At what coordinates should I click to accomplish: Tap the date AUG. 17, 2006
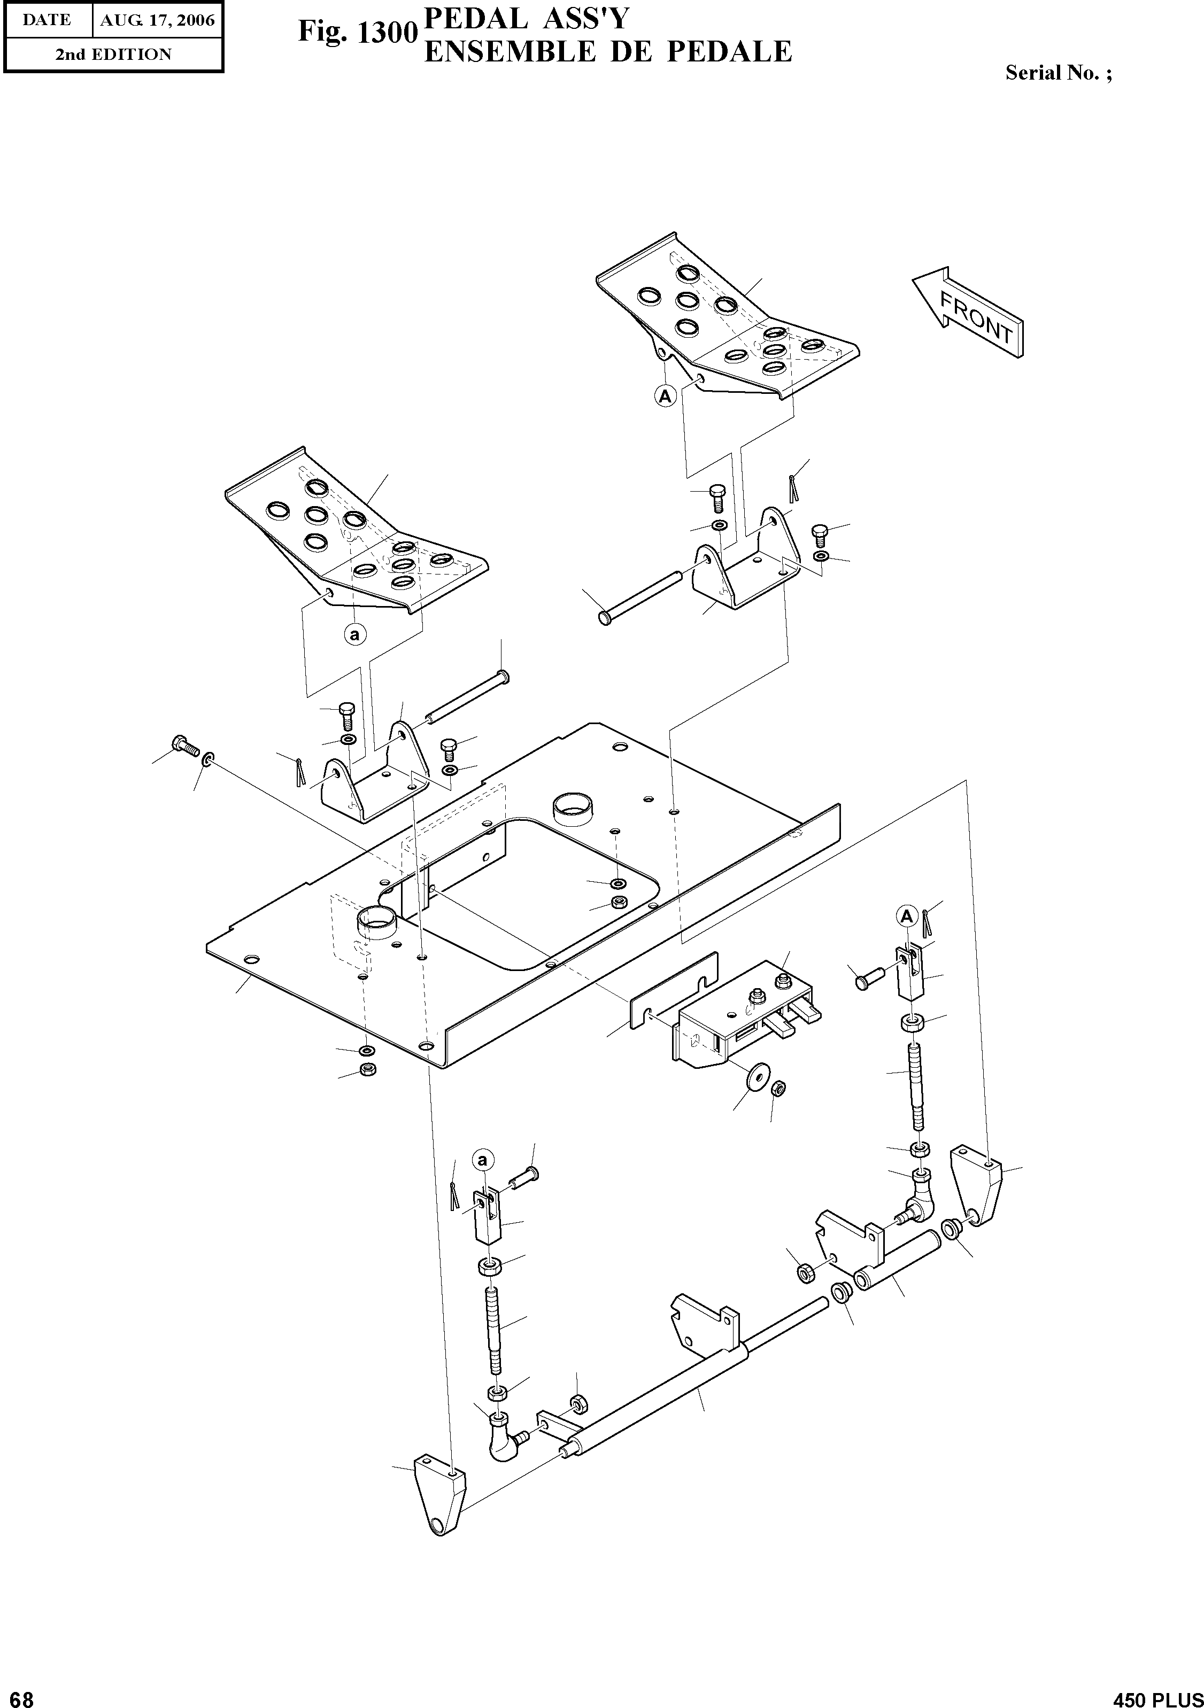pyautogui.click(x=157, y=21)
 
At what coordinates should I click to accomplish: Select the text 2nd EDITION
pyautogui.click(x=113, y=55)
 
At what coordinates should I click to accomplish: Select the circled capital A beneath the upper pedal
pyautogui.click(x=665, y=397)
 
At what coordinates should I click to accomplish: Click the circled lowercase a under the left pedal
pyautogui.click(x=355, y=634)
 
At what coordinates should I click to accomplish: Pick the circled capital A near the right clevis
pyautogui.click(x=906, y=917)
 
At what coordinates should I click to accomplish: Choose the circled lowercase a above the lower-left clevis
pyautogui.click(x=482, y=1160)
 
